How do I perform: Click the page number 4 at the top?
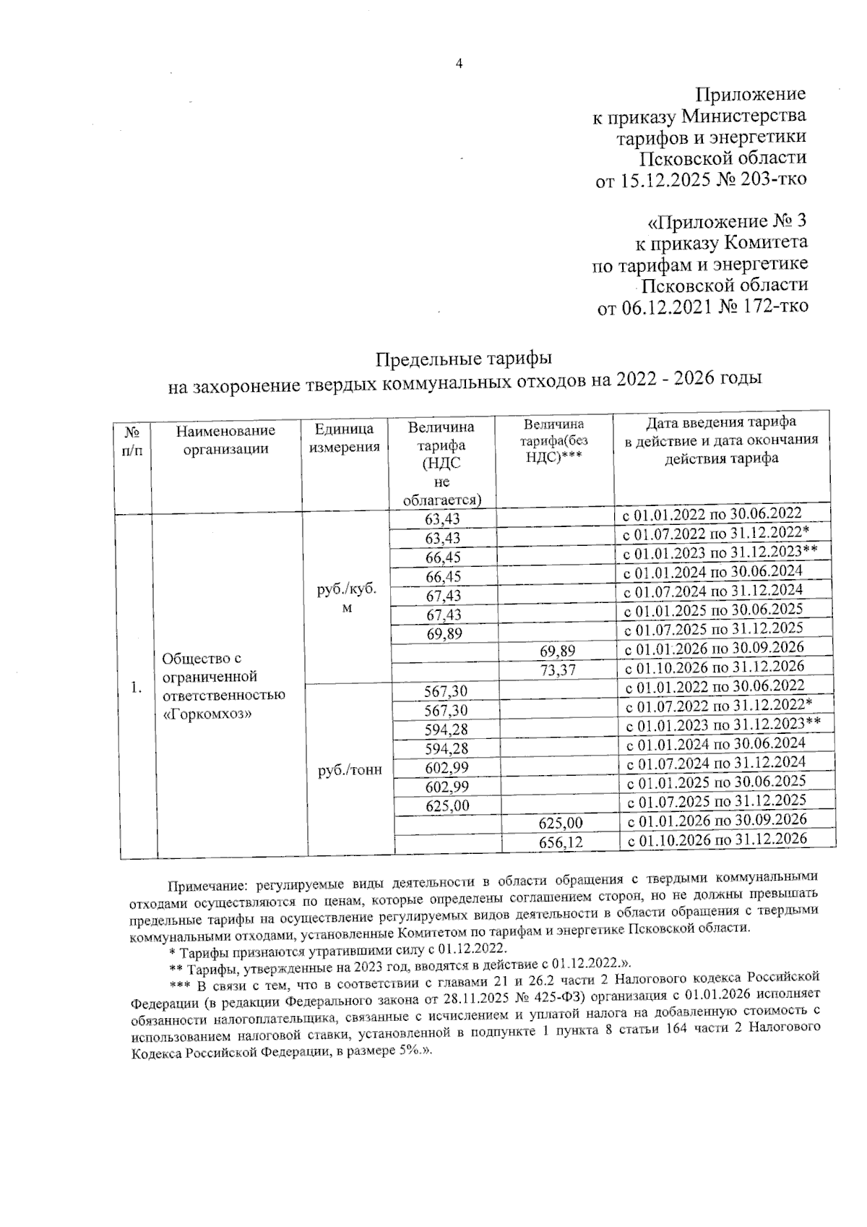(458, 64)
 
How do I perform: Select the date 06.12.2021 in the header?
(666, 307)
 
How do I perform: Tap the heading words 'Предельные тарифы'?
(465, 359)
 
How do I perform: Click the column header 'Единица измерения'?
(344, 439)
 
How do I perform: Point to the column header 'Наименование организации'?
(225, 440)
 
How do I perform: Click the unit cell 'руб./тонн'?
(350, 771)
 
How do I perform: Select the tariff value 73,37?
(557, 670)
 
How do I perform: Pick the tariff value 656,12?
(561, 842)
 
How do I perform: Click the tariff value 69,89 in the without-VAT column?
(557, 651)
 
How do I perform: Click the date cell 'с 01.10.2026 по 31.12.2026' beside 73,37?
(715, 666)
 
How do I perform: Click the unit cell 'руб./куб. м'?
(347, 598)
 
